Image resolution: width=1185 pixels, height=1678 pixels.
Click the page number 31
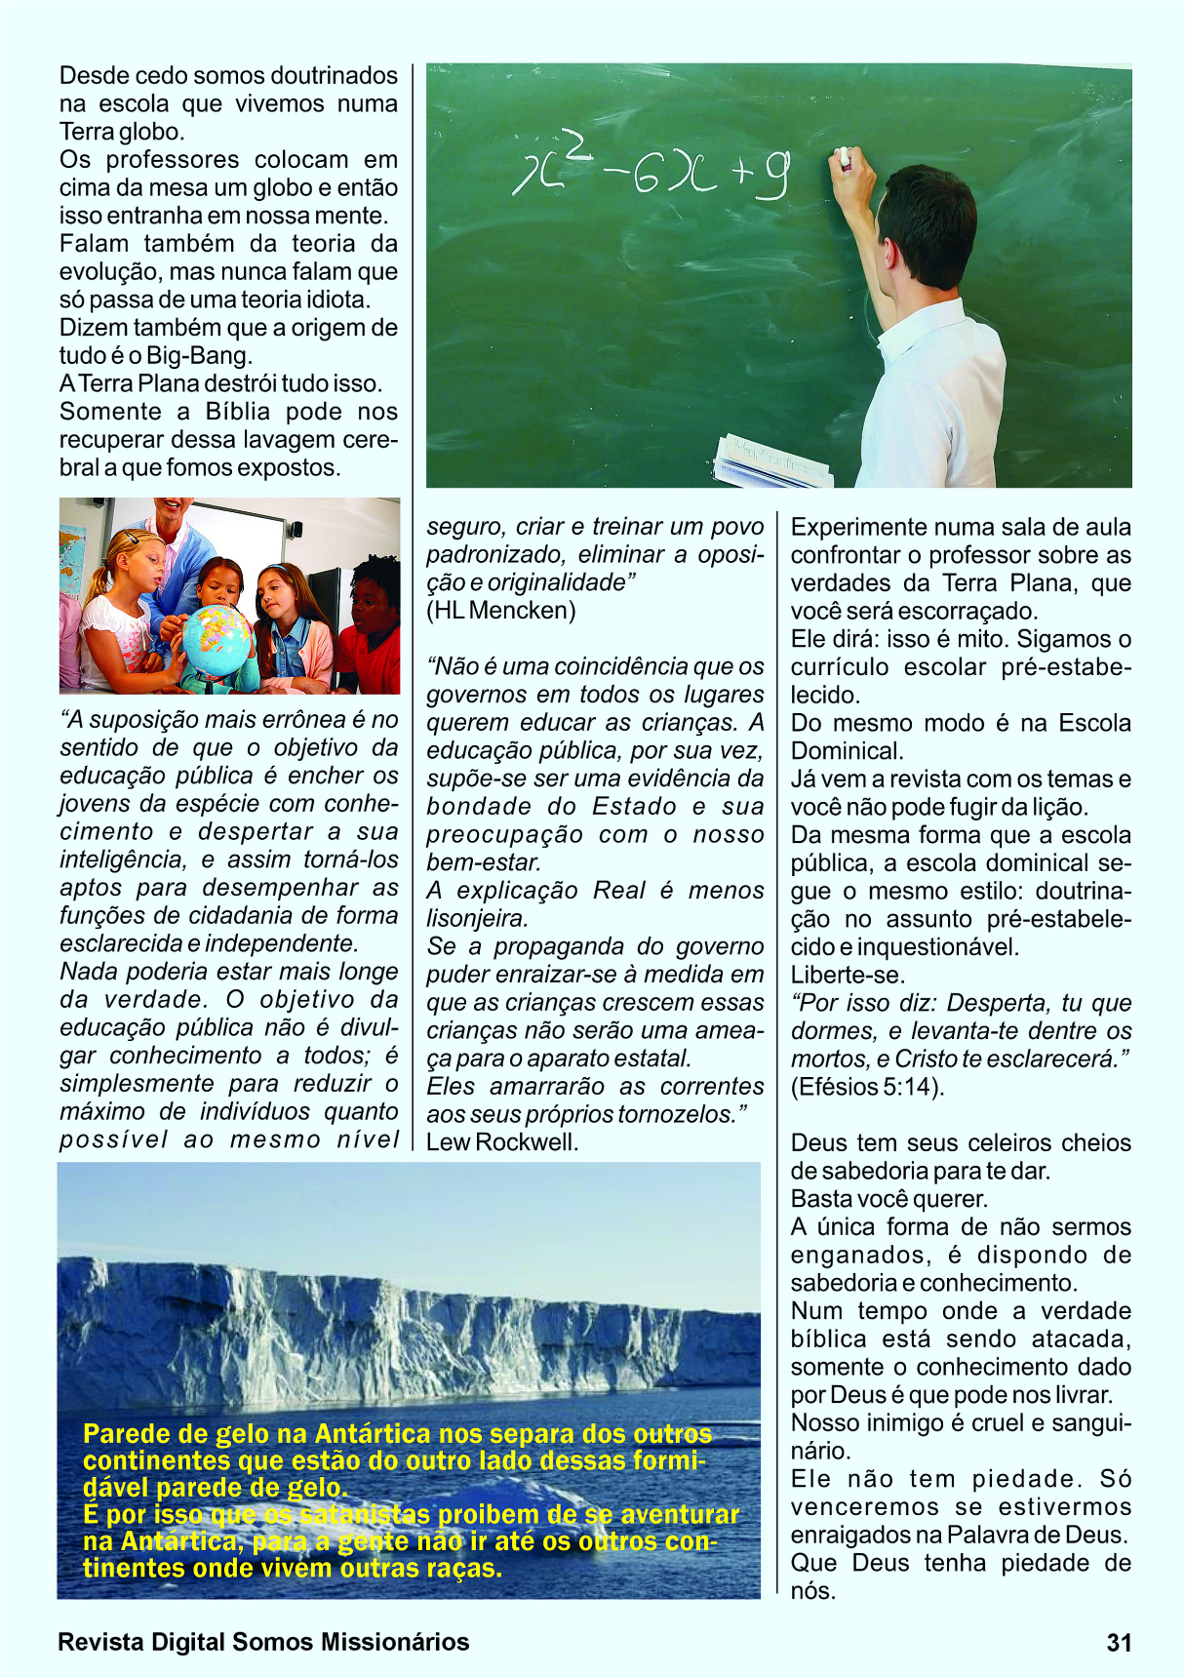click(x=1119, y=1643)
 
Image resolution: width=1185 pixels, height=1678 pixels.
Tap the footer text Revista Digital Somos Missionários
click(x=263, y=1643)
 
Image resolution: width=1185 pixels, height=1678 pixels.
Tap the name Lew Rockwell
click(x=502, y=1142)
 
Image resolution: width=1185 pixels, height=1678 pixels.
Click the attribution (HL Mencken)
click(x=501, y=611)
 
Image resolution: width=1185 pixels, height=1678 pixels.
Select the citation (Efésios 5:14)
click(x=867, y=1087)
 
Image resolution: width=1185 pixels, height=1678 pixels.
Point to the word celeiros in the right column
click(x=979, y=1142)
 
